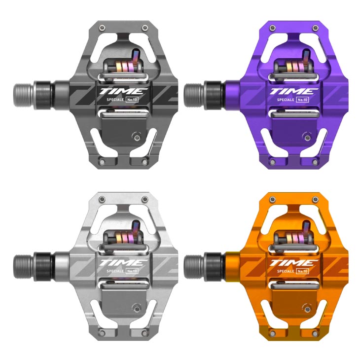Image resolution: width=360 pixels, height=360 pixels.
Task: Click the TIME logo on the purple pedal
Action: click(x=293, y=91)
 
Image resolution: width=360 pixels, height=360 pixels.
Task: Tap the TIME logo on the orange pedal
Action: click(x=293, y=263)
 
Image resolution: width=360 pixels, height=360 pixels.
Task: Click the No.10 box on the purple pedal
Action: click(x=302, y=100)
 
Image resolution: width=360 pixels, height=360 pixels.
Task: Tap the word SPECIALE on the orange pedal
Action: click(x=286, y=271)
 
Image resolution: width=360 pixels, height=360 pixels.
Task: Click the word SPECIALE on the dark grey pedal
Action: click(x=115, y=100)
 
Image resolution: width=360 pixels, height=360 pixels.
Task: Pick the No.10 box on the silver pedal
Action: click(x=132, y=271)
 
